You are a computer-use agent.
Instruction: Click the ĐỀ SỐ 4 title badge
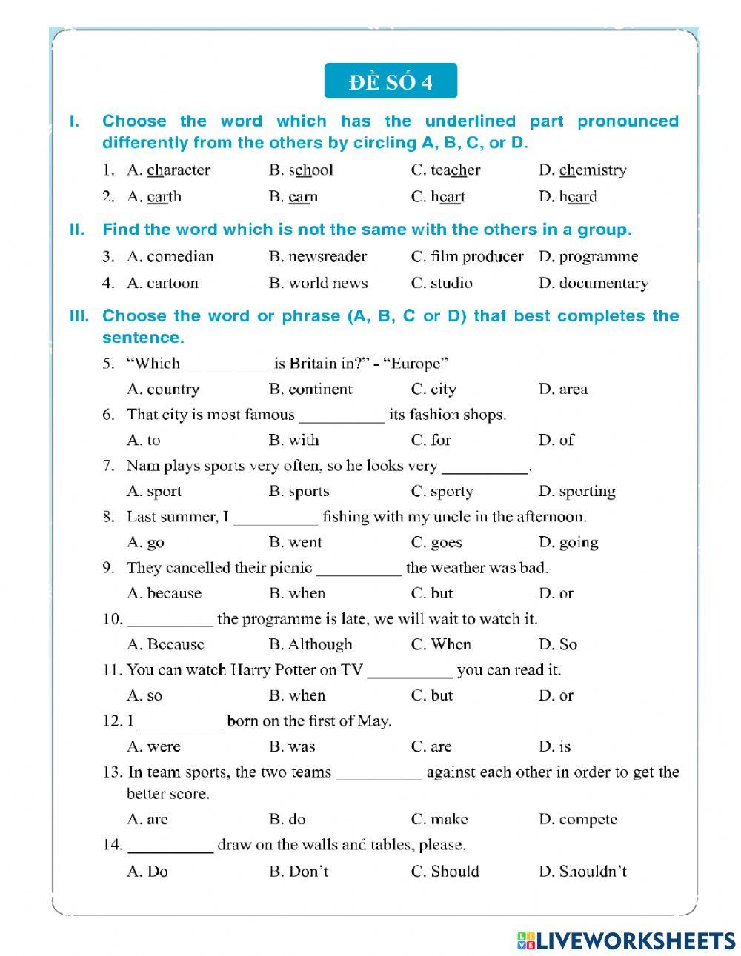tap(391, 81)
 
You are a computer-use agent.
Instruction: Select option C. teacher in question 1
tap(445, 170)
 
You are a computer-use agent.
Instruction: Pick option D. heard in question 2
tap(568, 197)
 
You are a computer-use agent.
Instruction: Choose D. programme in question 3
tap(588, 257)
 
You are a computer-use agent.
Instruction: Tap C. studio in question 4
tap(441, 284)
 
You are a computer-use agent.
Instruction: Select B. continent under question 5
tap(310, 390)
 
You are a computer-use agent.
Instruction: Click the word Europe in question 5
tap(419, 364)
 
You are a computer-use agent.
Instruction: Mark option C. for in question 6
tap(431, 441)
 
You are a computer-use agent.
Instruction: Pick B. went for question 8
tap(295, 543)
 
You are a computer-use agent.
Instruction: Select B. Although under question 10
tap(310, 645)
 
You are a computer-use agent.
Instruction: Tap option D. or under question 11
tap(556, 696)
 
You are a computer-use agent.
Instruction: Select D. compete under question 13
tap(578, 820)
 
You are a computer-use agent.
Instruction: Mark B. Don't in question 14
tap(299, 872)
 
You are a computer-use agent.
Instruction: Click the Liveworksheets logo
tap(626, 940)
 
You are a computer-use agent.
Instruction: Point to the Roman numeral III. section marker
tap(79, 316)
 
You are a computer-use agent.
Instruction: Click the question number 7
tap(108, 466)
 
